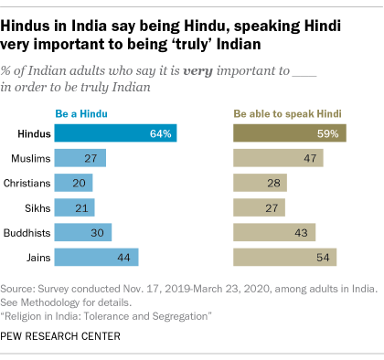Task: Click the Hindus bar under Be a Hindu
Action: point(115,133)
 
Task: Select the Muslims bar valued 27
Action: point(80,158)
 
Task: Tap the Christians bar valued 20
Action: point(73,183)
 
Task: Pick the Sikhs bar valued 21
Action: point(74,207)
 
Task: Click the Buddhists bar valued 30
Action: point(82,232)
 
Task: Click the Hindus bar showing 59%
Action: point(290,133)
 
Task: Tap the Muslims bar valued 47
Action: point(279,158)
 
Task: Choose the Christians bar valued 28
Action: point(261,183)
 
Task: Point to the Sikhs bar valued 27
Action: point(260,207)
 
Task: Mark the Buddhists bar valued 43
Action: point(275,232)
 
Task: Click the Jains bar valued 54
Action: point(285,257)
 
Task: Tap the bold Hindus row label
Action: point(33,133)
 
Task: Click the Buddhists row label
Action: point(29,232)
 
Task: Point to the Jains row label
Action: point(37,257)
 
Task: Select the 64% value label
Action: point(161,133)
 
